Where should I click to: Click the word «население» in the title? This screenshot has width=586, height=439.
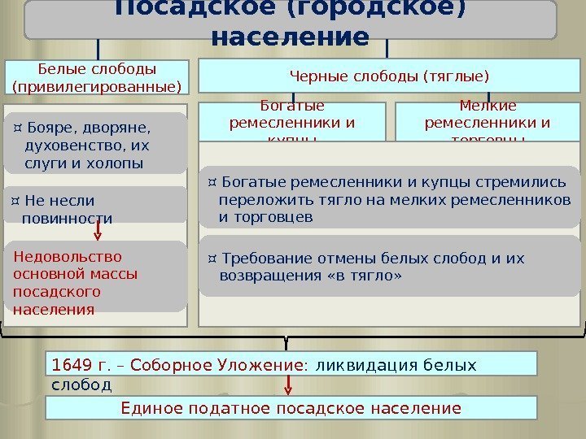point(289,37)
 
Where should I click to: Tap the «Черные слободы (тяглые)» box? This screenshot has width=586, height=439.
point(390,77)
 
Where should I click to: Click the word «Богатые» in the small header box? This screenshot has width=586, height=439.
point(292,106)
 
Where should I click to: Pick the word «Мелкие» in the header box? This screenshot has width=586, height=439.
point(488,106)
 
